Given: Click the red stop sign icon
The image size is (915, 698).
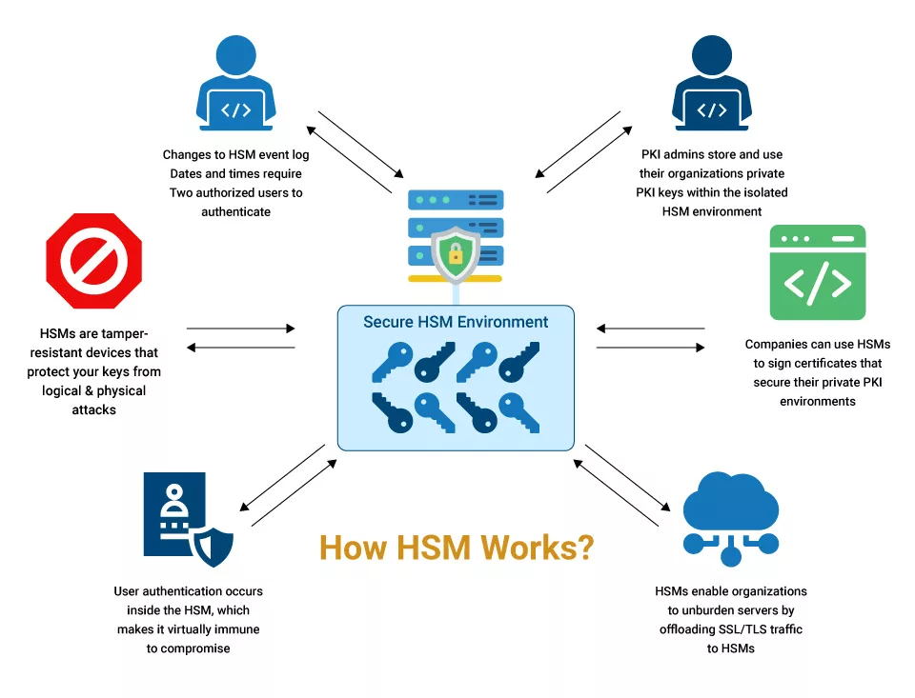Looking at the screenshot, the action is point(94,261).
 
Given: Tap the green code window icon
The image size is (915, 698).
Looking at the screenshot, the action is point(818,272).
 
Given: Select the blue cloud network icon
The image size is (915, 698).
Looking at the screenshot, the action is point(731,519).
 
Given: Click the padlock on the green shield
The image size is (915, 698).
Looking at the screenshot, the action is point(456,254).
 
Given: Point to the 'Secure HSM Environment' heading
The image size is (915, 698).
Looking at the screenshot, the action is point(456,322).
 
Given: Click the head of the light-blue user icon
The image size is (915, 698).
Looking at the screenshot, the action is point(235,55).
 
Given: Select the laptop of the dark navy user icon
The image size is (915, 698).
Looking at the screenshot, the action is point(712,110).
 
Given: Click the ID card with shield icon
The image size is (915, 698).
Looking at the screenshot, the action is point(188,519).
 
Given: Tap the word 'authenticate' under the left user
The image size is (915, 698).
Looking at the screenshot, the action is point(235,211).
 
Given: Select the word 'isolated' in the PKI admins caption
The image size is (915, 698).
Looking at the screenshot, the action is point(765,192).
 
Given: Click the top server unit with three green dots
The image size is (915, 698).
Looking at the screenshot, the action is point(456,200).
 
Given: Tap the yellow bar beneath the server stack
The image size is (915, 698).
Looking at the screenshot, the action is point(456,279).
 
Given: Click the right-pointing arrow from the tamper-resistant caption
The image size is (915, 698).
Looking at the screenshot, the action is point(240,329).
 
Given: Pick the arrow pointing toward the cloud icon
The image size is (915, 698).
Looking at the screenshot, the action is point(628,478).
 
